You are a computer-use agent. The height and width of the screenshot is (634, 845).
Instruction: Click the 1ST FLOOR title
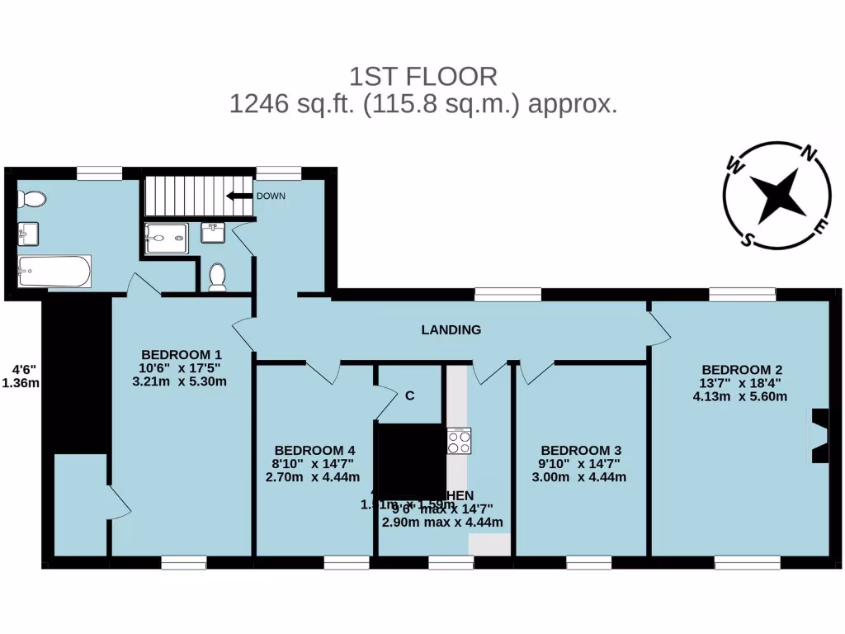[x=423, y=77]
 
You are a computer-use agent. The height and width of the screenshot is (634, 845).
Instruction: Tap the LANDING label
[x=451, y=330]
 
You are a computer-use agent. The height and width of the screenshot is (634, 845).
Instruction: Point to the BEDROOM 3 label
[x=581, y=450]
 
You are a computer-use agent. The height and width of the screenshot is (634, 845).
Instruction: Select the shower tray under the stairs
[x=166, y=239]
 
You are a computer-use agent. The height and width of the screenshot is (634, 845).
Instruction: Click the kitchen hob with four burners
[x=459, y=441]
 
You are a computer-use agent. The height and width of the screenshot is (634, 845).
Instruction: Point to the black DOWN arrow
[x=239, y=196]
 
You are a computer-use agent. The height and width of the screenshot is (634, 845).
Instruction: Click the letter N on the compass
[x=810, y=153]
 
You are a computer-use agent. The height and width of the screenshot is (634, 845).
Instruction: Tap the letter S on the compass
[x=748, y=239]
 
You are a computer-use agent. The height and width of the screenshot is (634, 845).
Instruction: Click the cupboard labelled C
[x=409, y=395]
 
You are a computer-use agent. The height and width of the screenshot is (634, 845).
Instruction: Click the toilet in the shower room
[x=218, y=277]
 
